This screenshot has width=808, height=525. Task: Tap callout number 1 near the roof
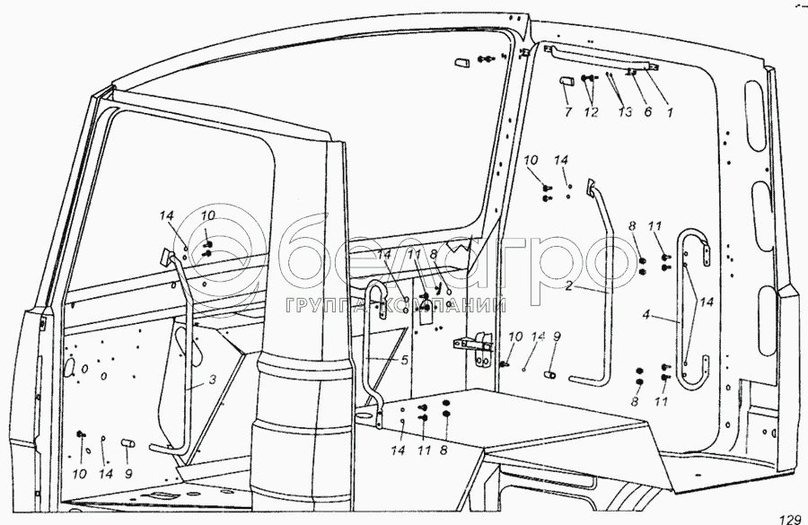pos(670,112)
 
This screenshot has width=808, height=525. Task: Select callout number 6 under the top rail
pos(648,112)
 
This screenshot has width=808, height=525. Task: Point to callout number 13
pos(625,112)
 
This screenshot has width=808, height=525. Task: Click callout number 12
pos(590,112)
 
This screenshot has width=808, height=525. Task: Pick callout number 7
pos(567,112)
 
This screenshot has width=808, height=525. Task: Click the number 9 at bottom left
pos(129,475)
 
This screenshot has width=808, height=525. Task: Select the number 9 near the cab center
pos(557,337)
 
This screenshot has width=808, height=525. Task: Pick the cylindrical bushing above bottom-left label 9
pos(127,442)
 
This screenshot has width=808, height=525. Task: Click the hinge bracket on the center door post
pos(472,345)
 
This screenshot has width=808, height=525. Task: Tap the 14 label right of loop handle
pos(708,302)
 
